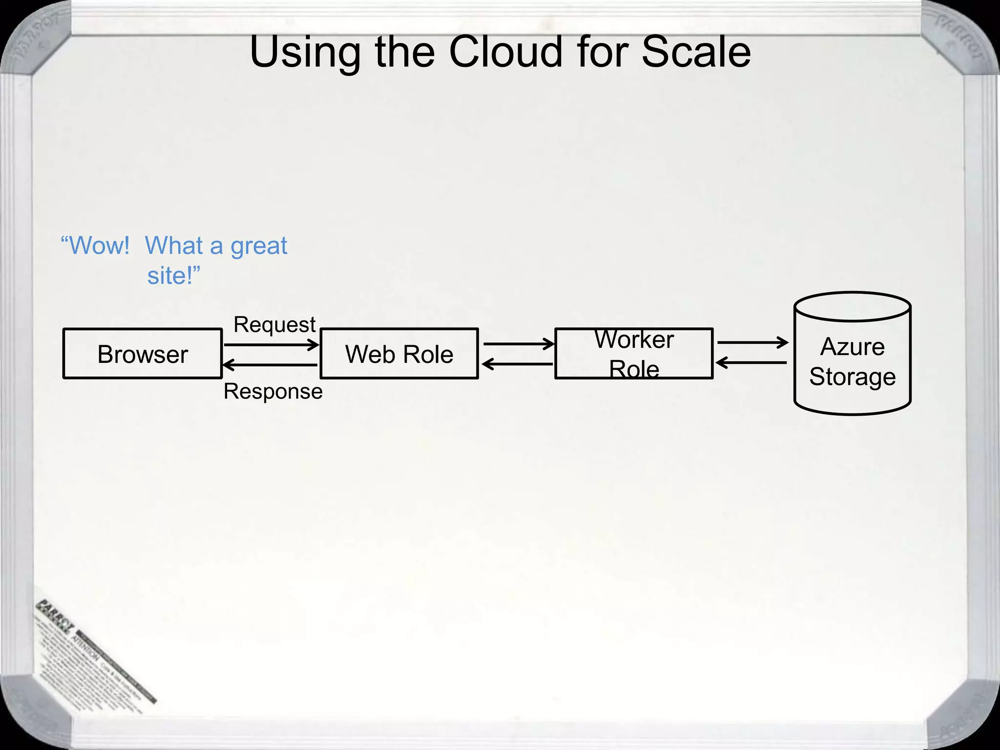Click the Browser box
[x=142, y=354]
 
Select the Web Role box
[x=399, y=354]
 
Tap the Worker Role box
[x=634, y=354]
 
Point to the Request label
[x=274, y=325]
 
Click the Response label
[x=273, y=392]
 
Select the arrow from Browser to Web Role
[x=271, y=345]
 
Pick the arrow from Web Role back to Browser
[x=270, y=365]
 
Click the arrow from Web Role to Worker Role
[x=518, y=344]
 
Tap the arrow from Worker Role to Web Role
[x=518, y=364]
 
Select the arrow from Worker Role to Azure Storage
[x=752, y=342]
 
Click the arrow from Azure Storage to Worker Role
[x=751, y=363]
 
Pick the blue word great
[x=258, y=246]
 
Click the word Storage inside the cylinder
[x=852, y=377]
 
